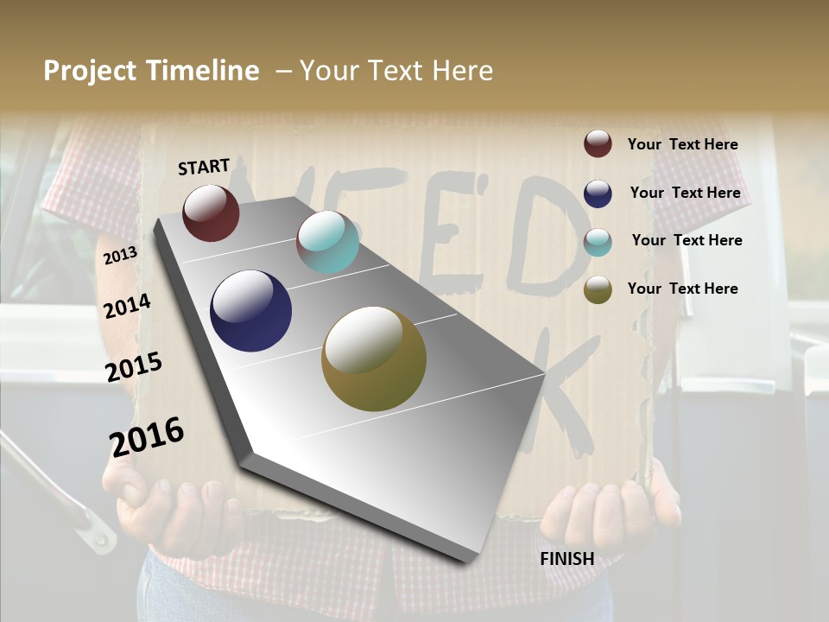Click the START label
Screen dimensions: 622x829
[x=204, y=167]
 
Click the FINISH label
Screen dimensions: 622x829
[x=566, y=559]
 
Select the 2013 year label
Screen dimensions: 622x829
[x=120, y=256]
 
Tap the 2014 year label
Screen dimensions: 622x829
[x=127, y=307]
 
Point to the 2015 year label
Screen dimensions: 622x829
[x=133, y=368]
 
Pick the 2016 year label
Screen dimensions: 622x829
[x=147, y=437]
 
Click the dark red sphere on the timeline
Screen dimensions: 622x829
[x=211, y=213]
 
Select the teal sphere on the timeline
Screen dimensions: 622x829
[x=327, y=242]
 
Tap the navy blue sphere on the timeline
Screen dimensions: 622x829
[x=250, y=311]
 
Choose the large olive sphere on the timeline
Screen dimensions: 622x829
[x=374, y=359]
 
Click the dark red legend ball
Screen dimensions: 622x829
[x=598, y=144]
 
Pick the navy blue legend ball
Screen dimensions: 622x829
[x=598, y=194]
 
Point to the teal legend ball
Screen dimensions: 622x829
[x=598, y=242]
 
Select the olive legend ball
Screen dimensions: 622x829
[x=598, y=290]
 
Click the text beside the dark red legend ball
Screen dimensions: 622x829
[x=682, y=145]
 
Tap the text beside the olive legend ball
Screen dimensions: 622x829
[x=682, y=289]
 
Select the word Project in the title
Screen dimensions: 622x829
[x=90, y=71]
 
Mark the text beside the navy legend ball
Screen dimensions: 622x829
[x=685, y=193]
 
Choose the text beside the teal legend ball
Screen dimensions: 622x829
[x=687, y=240]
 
